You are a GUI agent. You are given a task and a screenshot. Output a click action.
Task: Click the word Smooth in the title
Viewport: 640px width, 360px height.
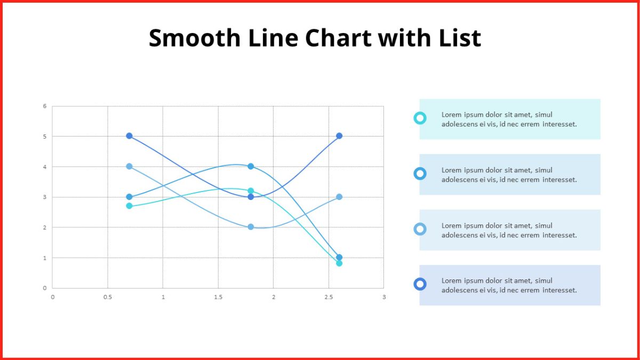tap(195, 38)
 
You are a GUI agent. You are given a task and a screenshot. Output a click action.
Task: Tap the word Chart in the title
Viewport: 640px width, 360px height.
tap(338, 38)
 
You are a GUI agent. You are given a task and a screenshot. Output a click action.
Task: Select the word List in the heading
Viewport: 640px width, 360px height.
tap(460, 38)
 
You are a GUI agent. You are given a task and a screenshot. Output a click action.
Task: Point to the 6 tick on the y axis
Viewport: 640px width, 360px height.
tap(45, 106)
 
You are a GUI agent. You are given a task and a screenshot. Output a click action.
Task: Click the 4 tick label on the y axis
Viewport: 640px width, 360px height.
tap(45, 167)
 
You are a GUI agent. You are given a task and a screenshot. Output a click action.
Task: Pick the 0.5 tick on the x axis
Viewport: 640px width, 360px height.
tap(108, 297)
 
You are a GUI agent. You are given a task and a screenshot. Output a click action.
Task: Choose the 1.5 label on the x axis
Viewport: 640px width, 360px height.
tap(218, 297)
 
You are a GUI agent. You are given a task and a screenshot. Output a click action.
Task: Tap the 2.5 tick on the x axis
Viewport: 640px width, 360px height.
tap(329, 297)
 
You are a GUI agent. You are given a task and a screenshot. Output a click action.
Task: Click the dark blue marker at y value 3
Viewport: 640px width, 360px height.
tap(251, 197)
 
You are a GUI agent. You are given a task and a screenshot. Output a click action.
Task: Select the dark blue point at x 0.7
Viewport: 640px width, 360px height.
tap(129, 135)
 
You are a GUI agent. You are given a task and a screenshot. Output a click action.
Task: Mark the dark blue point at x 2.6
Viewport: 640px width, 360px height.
tap(339, 135)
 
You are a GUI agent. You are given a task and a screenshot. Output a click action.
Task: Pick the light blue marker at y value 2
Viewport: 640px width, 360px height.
tap(251, 227)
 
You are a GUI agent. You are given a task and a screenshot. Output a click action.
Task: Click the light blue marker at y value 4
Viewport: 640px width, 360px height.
tap(129, 166)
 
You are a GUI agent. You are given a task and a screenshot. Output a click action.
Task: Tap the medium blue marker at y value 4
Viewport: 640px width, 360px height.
tap(251, 166)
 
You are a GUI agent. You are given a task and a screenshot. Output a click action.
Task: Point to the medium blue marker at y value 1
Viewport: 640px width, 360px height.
tap(339, 257)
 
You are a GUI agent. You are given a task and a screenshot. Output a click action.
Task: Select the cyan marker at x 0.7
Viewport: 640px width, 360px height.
tap(129, 206)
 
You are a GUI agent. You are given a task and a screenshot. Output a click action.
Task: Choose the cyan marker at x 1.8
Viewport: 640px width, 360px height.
tap(251, 191)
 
